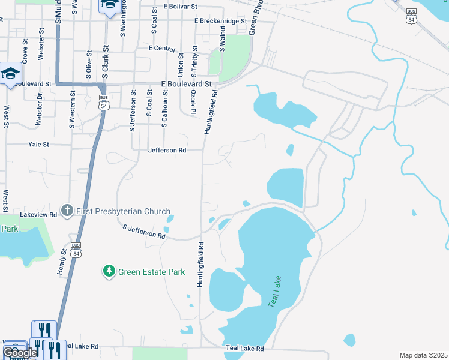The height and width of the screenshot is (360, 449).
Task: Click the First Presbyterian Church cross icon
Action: point(67,211)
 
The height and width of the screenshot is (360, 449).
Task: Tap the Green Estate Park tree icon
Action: point(109,272)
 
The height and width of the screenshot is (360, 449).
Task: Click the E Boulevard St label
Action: point(187,85)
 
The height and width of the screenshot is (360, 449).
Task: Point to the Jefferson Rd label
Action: point(167,151)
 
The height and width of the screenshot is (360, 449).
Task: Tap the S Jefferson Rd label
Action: point(144,232)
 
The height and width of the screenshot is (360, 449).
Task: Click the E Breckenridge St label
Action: point(220,21)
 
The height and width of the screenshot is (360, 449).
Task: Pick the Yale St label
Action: point(38,145)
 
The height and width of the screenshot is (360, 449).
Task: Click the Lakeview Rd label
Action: point(38,214)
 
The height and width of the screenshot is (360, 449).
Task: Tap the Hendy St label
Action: point(61,263)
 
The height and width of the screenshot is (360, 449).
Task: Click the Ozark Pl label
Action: point(193,102)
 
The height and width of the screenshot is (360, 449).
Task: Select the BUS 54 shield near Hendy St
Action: point(76,250)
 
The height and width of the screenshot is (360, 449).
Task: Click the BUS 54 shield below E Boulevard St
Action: point(104,101)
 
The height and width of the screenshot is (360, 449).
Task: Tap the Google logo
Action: point(20,353)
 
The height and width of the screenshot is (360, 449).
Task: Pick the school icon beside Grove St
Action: point(10,74)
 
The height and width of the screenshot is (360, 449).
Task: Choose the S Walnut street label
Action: point(222,38)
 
